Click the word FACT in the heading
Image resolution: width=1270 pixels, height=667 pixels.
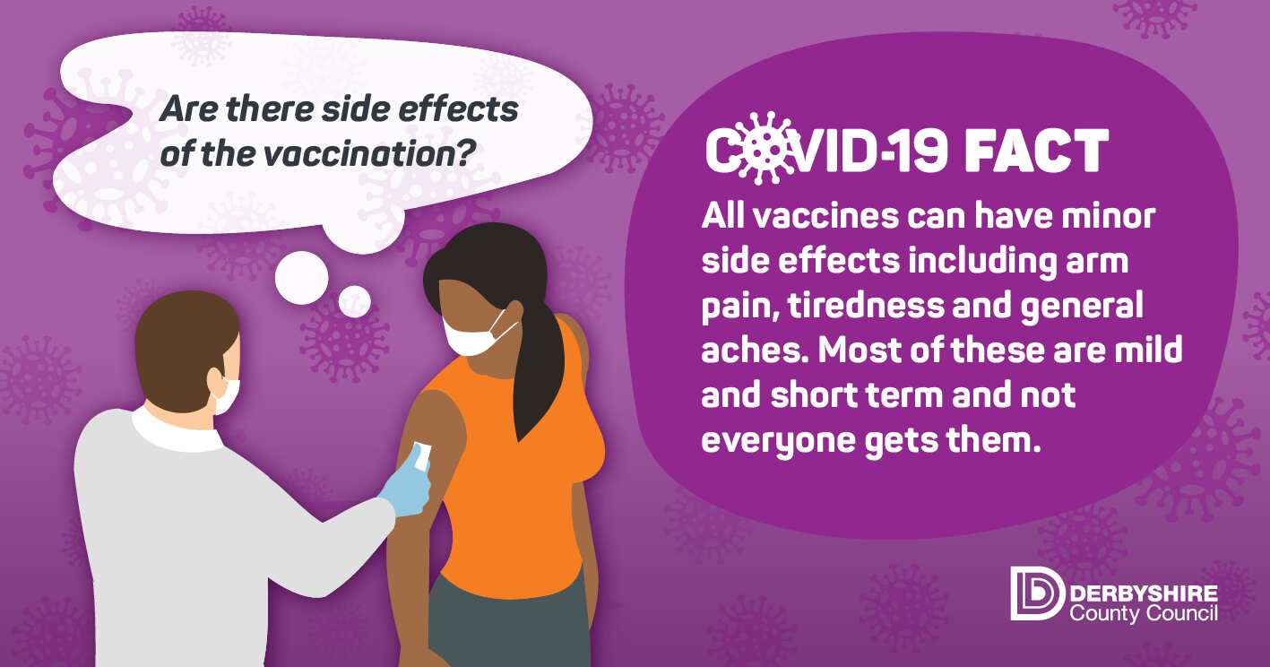tap(1036, 152)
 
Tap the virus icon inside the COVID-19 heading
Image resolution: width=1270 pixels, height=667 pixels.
tap(763, 149)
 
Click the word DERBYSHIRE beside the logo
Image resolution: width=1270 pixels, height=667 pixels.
tap(1144, 594)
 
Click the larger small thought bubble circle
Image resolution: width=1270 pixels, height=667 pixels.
tap(302, 278)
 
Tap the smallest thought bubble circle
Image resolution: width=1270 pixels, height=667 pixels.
tap(354, 300)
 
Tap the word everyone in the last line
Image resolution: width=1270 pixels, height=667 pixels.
tap(778, 441)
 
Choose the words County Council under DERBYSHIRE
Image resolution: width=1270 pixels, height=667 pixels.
tap(1144, 614)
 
